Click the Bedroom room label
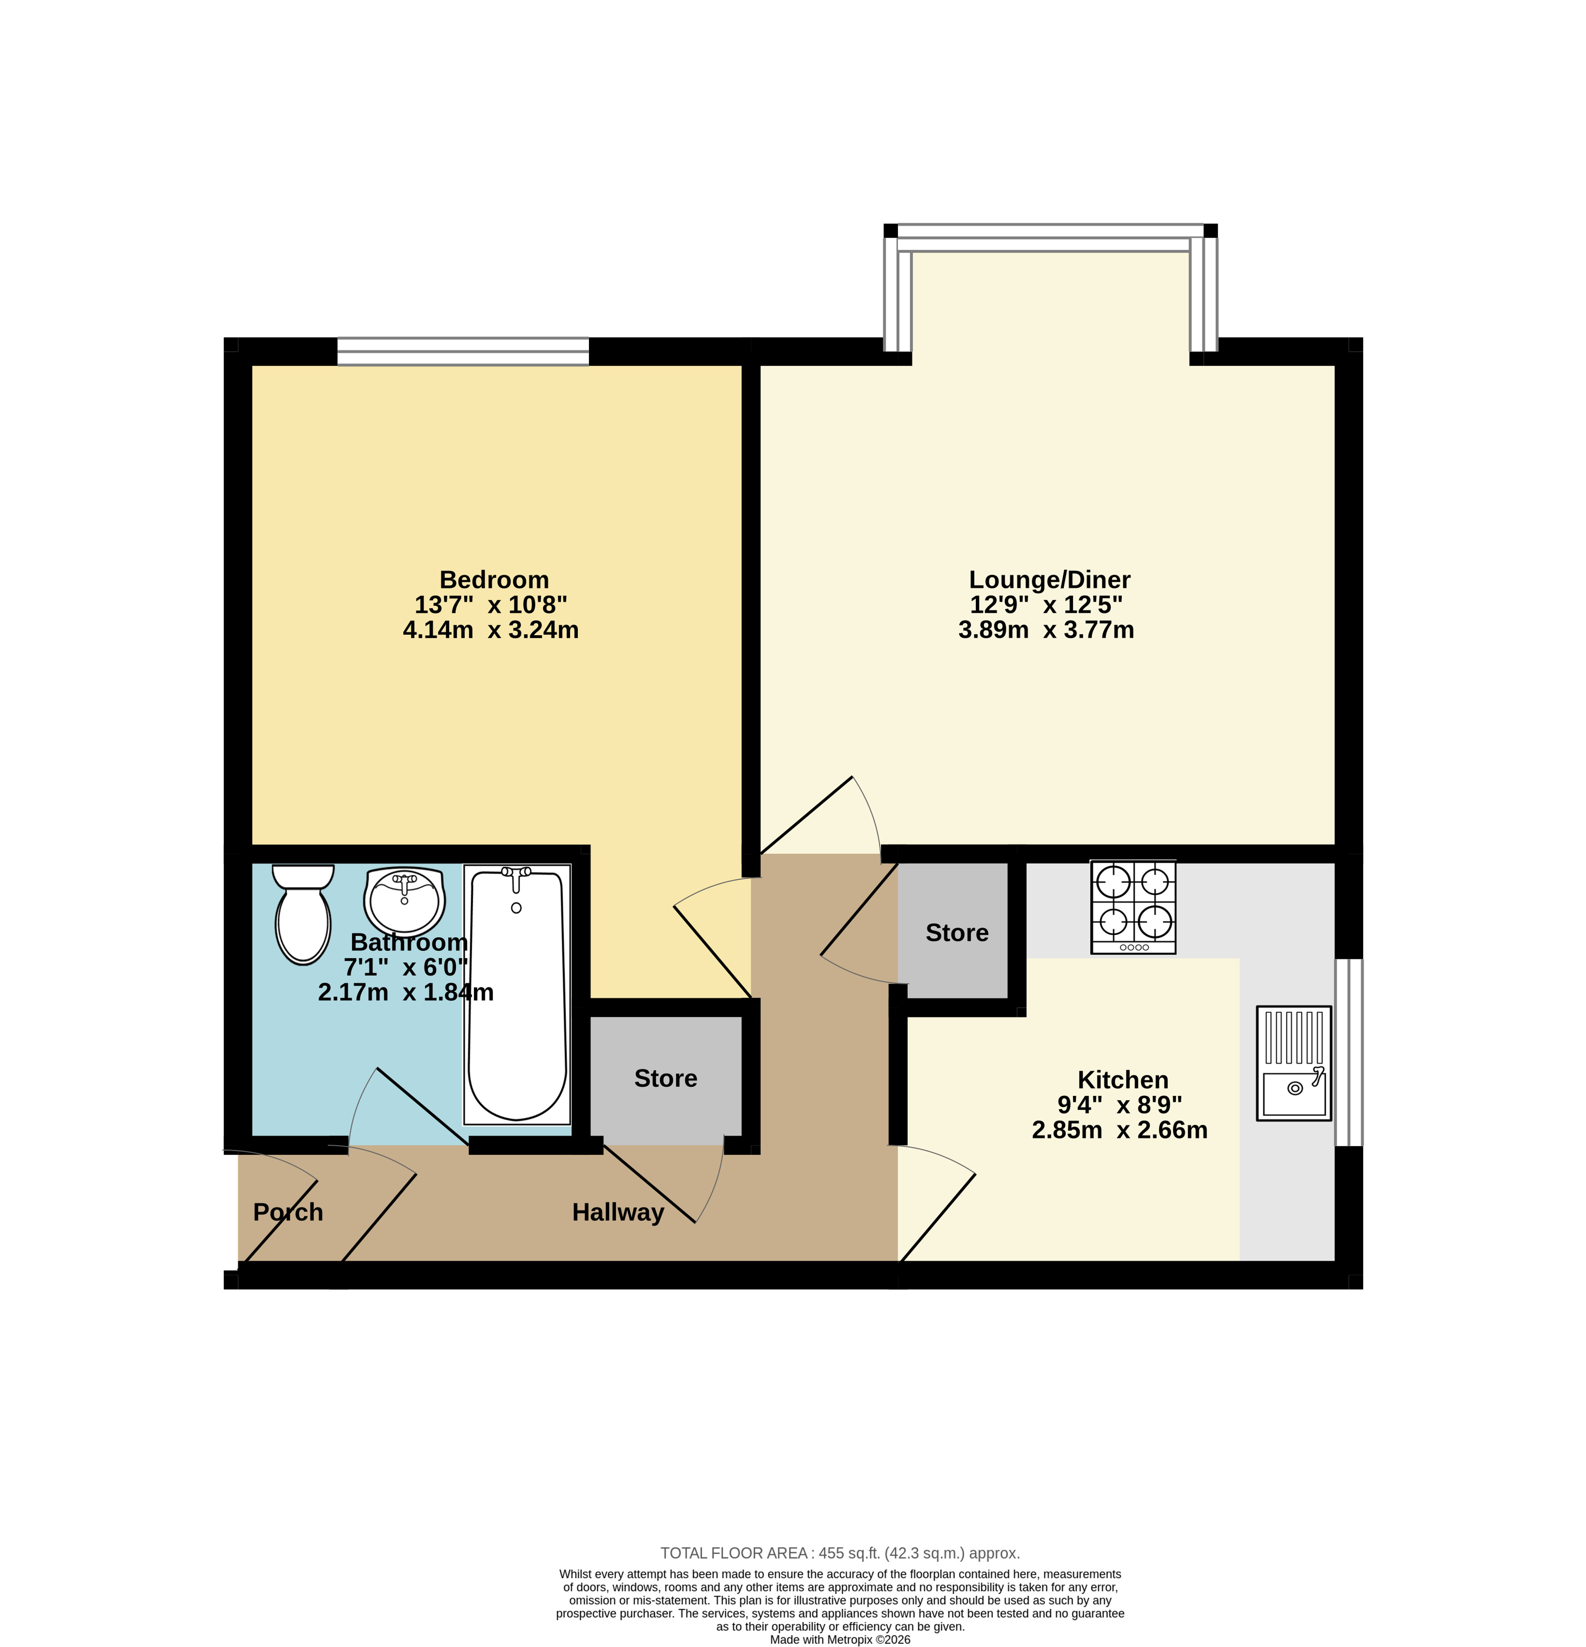[x=494, y=580]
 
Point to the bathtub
[x=517, y=995]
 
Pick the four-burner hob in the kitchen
[x=1133, y=907]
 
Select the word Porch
[x=288, y=1212]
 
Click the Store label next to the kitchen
[x=956, y=933]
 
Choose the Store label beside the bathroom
[x=665, y=1078]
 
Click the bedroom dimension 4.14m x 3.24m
[x=491, y=630]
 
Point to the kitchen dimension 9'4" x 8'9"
[x=1120, y=1105]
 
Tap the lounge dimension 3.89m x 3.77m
[x=1046, y=630]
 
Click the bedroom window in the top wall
[x=463, y=351]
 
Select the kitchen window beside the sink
[x=1349, y=1052]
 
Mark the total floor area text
[x=840, y=1554]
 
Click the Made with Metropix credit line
[x=840, y=1640]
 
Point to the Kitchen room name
[x=1123, y=1080]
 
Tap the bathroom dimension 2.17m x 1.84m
[x=406, y=992]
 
